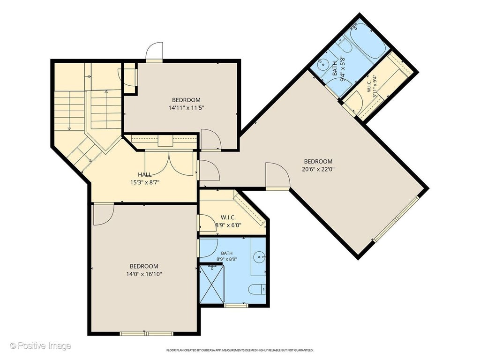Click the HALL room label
[144, 175]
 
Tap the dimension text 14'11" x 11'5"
[186, 108]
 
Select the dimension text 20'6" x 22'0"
[318, 169]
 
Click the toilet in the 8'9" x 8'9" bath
[257, 289]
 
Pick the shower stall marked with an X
[211, 285]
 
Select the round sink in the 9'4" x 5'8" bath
[322, 65]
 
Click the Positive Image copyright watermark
[40, 345]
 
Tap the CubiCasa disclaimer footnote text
[240, 350]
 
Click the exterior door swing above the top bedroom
[154, 52]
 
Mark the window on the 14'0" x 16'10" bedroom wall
[146, 333]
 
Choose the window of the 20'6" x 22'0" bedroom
[396, 219]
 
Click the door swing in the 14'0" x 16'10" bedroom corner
[104, 215]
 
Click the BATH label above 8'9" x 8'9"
[226, 253]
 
